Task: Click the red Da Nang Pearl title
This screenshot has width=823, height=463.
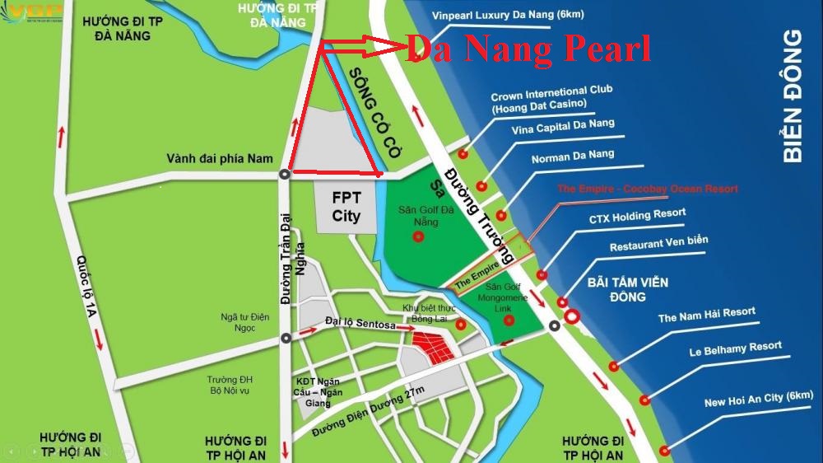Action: click(x=528, y=49)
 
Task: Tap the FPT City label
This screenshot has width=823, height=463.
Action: click(x=346, y=207)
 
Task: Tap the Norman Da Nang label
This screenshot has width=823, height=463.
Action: click(x=573, y=156)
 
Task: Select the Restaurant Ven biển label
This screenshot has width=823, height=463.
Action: click(x=658, y=244)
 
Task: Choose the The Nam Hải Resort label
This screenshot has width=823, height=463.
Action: click(x=706, y=316)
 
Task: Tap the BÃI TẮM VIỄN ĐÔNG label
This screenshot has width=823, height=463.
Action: click(x=628, y=289)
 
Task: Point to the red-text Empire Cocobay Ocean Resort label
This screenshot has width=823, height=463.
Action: click(x=647, y=189)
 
